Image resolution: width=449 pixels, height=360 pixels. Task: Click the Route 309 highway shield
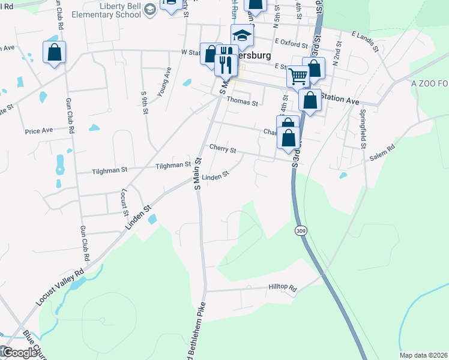[x=301, y=230]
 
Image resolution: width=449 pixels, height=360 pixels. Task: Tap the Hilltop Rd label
[x=283, y=289]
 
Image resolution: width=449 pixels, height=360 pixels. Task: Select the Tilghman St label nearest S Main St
[x=173, y=165]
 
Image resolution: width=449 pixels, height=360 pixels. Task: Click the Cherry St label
[x=223, y=148]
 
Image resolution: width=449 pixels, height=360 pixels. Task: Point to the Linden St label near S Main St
[x=215, y=177]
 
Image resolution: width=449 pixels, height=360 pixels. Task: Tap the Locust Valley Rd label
[x=59, y=289]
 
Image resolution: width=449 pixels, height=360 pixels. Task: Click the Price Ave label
[x=39, y=130]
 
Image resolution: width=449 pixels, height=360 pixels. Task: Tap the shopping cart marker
[x=298, y=76]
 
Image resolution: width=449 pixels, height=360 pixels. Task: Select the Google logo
[x=19, y=353]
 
